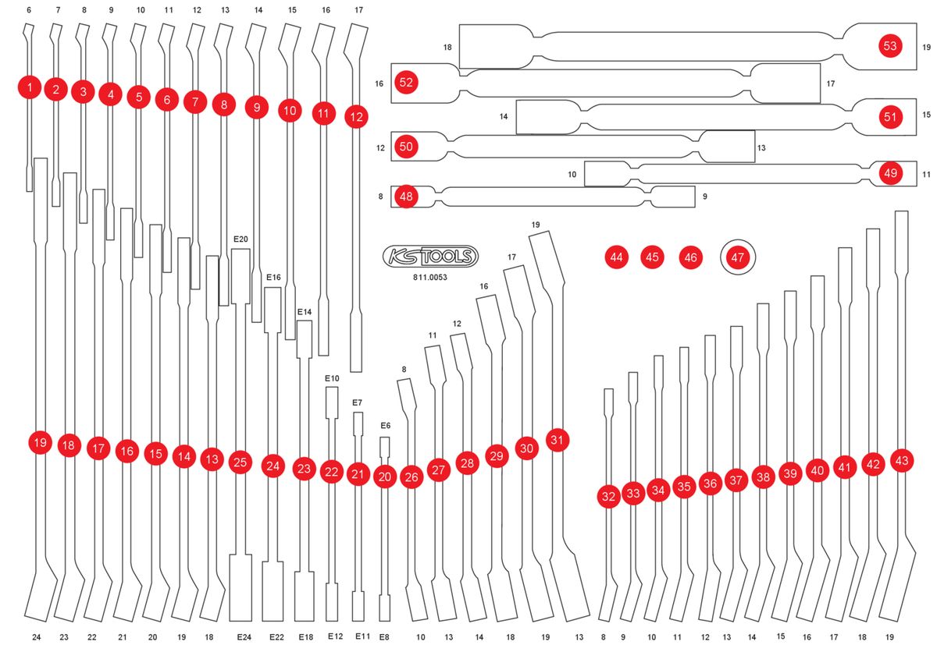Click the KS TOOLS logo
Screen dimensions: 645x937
430,256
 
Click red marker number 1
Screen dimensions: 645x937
29,87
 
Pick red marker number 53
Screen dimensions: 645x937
889,45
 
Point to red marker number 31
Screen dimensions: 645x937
557,439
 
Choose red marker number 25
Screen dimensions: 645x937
240,462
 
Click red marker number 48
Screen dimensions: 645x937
406,197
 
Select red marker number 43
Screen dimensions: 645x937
902,461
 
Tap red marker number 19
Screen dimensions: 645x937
40,443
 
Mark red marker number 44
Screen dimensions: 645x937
617,257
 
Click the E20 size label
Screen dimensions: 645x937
240,239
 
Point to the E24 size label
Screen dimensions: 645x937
244,637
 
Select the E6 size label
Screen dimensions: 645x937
385,426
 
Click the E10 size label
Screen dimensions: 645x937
332,378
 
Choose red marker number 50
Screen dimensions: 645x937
406,146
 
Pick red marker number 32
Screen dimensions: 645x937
608,495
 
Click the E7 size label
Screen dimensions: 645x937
357,402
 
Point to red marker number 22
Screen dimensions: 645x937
332,472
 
